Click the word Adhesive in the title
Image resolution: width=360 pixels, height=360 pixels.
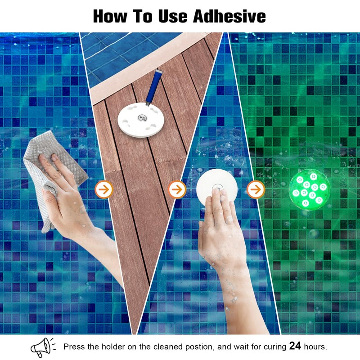click(229, 16)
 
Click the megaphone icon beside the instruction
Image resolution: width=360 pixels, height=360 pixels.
click(43, 347)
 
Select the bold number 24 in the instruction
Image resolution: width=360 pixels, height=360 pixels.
click(295, 346)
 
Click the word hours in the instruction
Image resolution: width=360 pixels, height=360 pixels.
click(315, 347)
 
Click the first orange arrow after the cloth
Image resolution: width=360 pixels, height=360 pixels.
click(104, 189)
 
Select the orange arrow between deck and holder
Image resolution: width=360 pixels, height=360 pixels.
click(177, 189)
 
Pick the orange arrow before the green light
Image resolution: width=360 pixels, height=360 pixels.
click(255, 189)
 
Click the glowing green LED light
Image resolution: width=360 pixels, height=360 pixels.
click(309, 190)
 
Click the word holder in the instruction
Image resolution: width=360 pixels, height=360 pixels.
click(114, 347)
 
